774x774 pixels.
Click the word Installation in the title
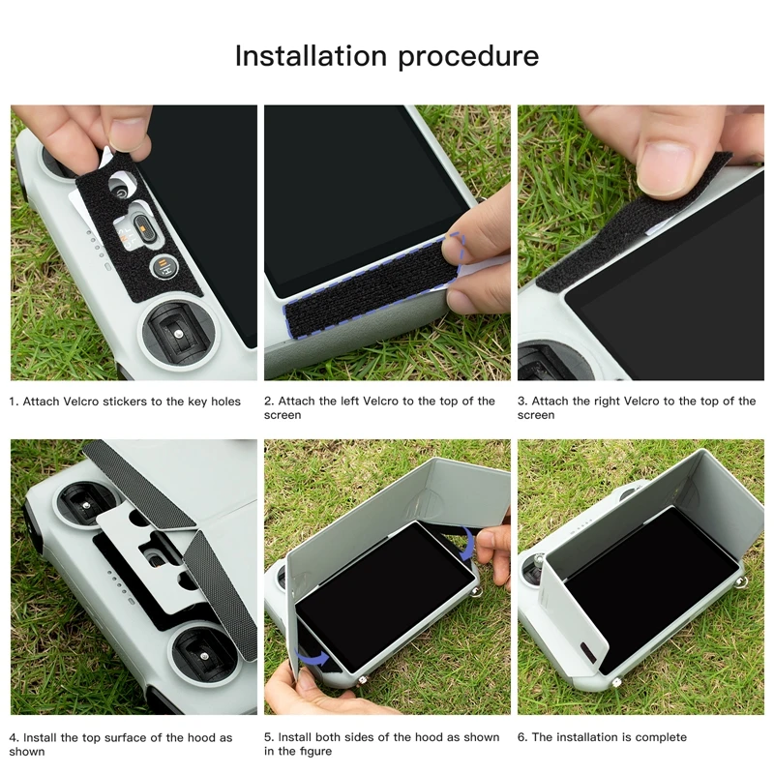point(307,56)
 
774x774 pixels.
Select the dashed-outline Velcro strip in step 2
point(368,281)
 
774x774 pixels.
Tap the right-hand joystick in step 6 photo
point(740,584)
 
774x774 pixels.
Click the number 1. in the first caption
point(14,401)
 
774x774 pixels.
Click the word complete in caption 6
point(662,737)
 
